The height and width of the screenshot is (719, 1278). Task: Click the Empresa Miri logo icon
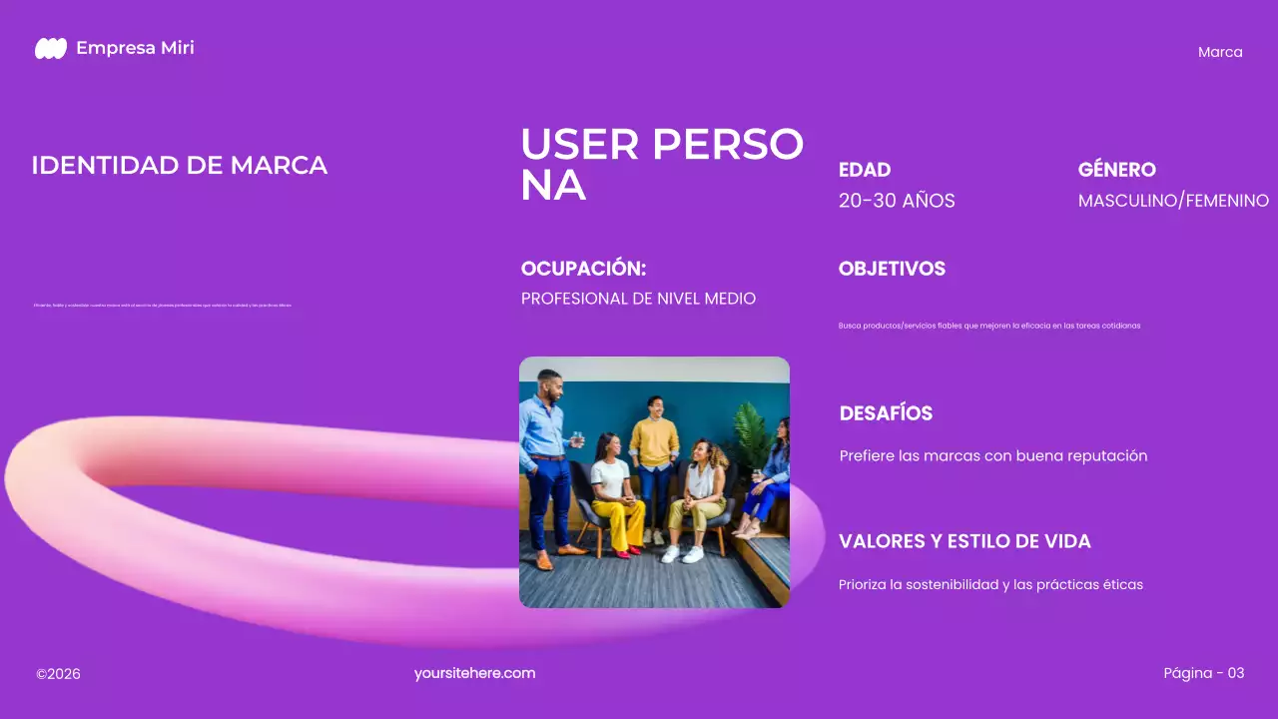point(51,48)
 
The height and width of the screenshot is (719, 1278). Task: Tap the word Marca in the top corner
point(1220,52)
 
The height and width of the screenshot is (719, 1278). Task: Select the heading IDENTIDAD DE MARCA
point(180,166)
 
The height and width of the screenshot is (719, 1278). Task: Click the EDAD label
point(865,170)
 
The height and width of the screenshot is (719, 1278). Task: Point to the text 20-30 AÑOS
point(897,201)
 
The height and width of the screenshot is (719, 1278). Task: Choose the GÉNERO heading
point(1116,170)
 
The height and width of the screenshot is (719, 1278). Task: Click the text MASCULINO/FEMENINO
point(1173,201)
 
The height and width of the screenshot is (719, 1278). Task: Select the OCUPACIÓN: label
point(583,269)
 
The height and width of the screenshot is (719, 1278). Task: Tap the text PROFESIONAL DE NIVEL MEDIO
point(638,299)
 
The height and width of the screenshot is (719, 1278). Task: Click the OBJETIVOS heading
point(892,269)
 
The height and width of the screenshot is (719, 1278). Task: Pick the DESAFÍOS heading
point(886,413)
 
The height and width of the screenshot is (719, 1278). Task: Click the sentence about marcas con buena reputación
point(993,456)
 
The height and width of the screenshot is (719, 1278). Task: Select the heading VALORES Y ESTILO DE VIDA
point(964,541)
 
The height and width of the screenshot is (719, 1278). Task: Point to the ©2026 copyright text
point(58,674)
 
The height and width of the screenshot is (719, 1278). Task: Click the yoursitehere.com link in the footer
point(475,673)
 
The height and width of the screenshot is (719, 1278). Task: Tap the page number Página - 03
point(1204,673)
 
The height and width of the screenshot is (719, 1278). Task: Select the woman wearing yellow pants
point(613,494)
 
